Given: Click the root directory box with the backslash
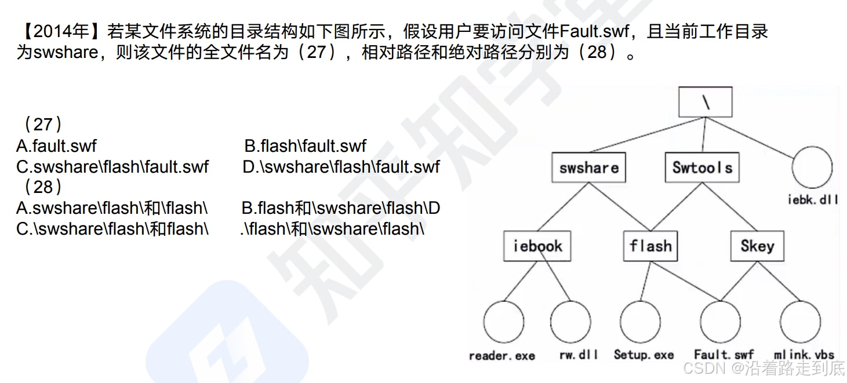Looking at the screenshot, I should [x=705, y=102].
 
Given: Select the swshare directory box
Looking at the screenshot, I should [x=588, y=168].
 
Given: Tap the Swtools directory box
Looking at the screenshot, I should [x=701, y=167].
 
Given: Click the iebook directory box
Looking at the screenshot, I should [x=537, y=246].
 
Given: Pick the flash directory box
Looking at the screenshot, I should [x=650, y=246].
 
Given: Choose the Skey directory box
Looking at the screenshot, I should [x=757, y=246].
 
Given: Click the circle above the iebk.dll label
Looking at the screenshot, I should [x=812, y=167].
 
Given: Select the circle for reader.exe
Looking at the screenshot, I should [x=503, y=322].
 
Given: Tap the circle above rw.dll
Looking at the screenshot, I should [x=570, y=322].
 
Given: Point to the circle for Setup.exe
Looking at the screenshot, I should [x=640, y=322].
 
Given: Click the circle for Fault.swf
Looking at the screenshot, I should [x=720, y=322].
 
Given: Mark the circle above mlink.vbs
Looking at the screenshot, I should [x=800, y=322].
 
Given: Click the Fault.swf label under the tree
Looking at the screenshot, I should [x=724, y=355].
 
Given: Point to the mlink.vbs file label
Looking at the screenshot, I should [x=804, y=355].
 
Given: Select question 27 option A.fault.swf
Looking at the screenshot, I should [x=56, y=146].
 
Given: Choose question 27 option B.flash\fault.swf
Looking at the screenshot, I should [x=305, y=146].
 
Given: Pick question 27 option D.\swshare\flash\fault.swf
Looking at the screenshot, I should [x=341, y=167].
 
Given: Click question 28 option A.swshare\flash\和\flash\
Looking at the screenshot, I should [x=112, y=208].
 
